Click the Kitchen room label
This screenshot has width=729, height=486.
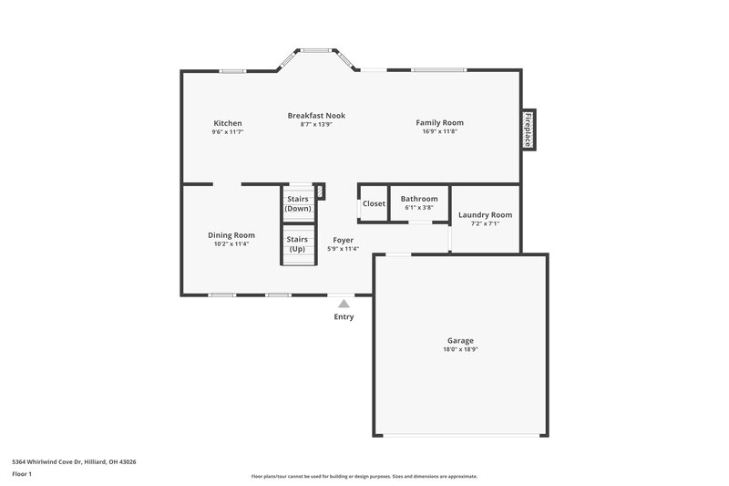click(x=227, y=123)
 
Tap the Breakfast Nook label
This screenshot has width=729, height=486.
click(x=316, y=116)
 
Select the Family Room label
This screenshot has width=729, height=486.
click(x=440, y=123)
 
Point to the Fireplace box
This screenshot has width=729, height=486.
click(x=527, y=129)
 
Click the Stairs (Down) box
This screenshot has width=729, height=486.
click(x=298, y=203)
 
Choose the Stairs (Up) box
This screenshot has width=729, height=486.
click(x=298, y=244)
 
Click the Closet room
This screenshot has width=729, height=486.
click(x=374, y=203)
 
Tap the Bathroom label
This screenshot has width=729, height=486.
click(x=419, y=199)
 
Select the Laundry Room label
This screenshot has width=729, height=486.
click(x=485, y=215)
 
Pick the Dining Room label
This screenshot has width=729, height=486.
click(x=231, y=235)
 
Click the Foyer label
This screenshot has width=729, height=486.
click(x=343, y=240)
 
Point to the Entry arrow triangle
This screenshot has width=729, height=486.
click(x=344, y=304)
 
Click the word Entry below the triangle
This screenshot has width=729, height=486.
click(x=344, y=317)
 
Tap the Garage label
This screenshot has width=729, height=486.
click(x=460, y=341)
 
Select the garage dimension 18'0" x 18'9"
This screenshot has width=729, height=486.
click(x=460, y=349)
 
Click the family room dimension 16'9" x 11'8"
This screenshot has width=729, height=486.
click(x=440, y=131)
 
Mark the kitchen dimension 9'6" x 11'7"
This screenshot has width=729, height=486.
click(x=227, y=131)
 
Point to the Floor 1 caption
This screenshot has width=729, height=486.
click(x=22, y=474)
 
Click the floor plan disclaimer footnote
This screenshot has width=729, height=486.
click(x=364, y=476)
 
